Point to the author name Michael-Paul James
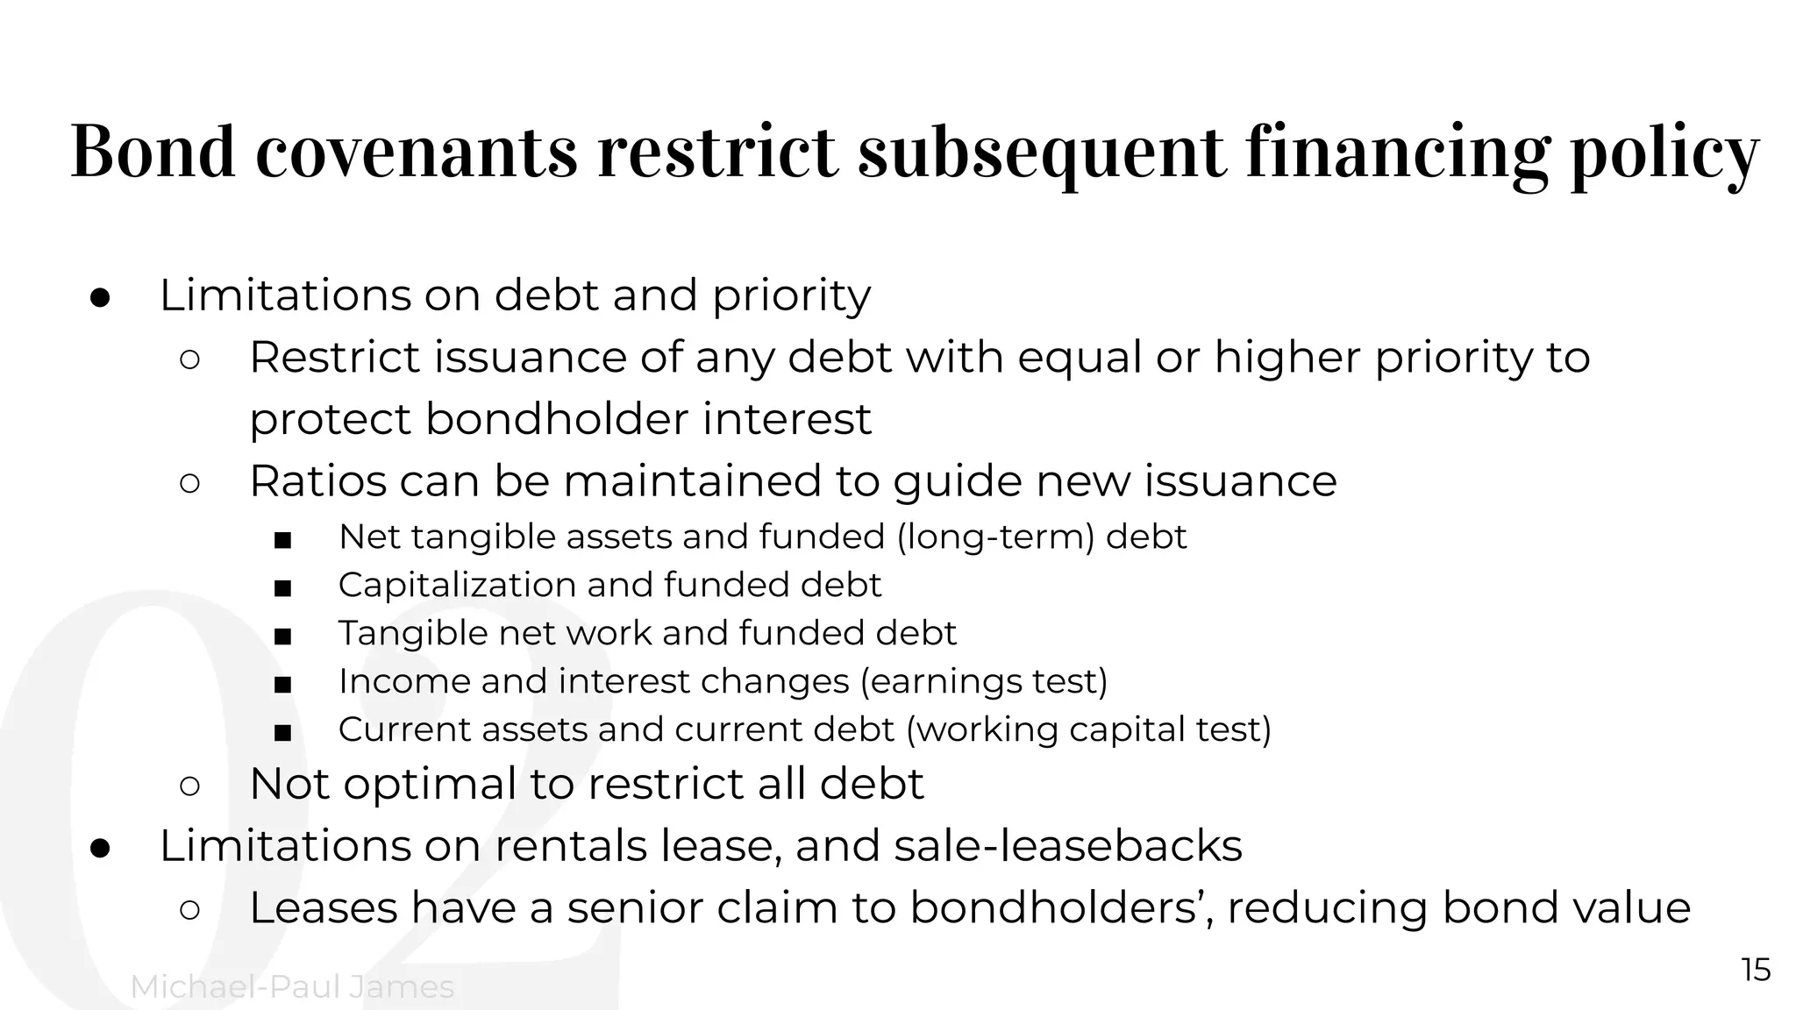[292, 987]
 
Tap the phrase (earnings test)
[984, 681]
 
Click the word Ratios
[317, 480]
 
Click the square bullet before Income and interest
[282, 684]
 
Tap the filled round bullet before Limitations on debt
[99, 298]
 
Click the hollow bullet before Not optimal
[189, 786]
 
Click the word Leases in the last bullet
[324, 907]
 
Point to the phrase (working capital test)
[1087, 729]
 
